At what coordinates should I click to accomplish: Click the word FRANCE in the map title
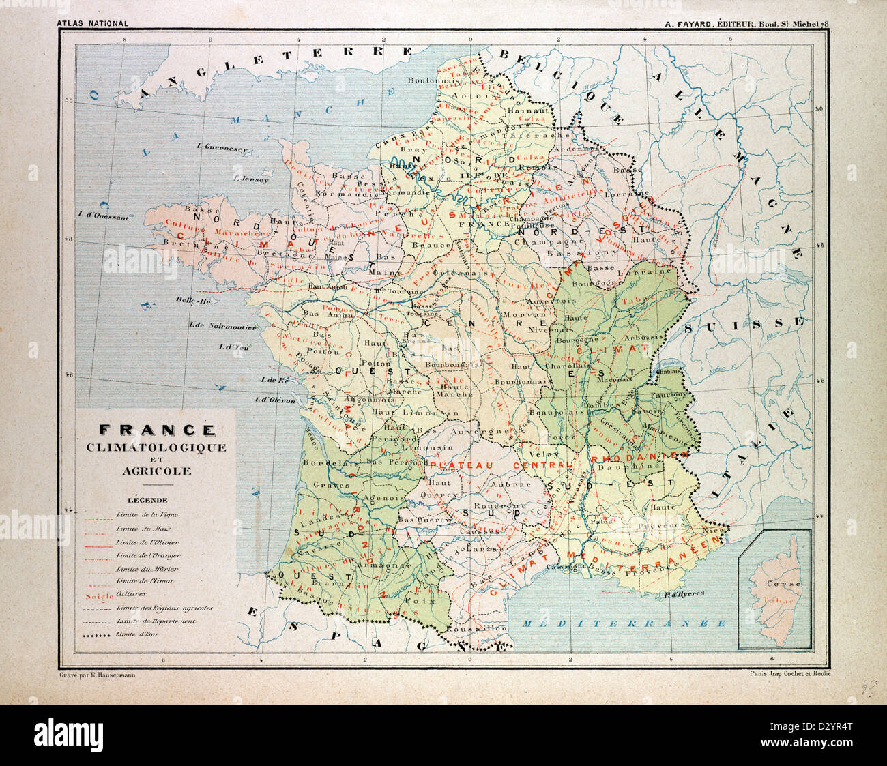point(157,430)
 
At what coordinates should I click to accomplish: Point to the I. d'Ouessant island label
point(103,217)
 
